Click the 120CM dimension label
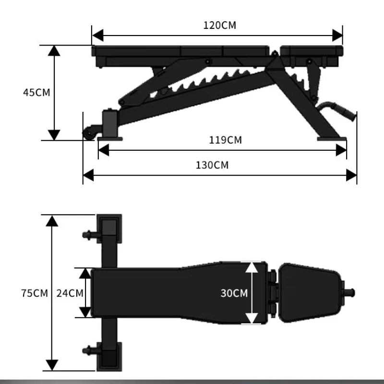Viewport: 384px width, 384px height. pyautogui.click(x=220, y=25)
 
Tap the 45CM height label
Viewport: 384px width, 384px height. pyautogui.click(x=36, y=93)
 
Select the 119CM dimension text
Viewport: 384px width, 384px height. pyautogui.click(x=225, y=140)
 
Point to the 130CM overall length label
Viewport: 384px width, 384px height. pyautogui.click(x=212, y=165)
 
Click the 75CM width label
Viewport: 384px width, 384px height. pyautogui.click(x=35, y=293)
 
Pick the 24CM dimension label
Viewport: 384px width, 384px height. pyautogui.click(x=70, y=293)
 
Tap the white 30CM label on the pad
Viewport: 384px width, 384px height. pyautogui.click(x=234, y=293)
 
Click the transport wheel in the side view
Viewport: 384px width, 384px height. pyautogui.click(x=88, y=133)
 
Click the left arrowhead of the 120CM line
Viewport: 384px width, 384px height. pyautogui.click(x=98, y=35)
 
